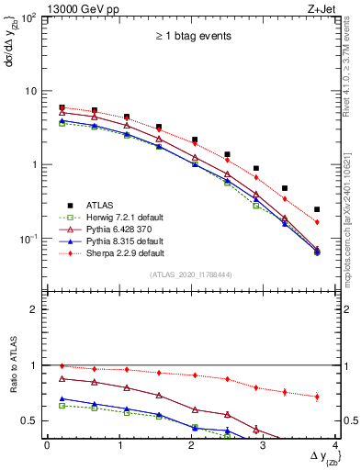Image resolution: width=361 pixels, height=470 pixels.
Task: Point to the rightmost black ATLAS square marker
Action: (317, 209)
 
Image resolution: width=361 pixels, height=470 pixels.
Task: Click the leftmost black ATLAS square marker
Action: (62, 107)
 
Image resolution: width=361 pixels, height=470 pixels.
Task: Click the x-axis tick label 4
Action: (335, 445)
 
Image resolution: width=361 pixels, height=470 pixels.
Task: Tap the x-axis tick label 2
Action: (191, 445)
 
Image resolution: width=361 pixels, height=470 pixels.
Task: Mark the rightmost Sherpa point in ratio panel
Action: (317, 397)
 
